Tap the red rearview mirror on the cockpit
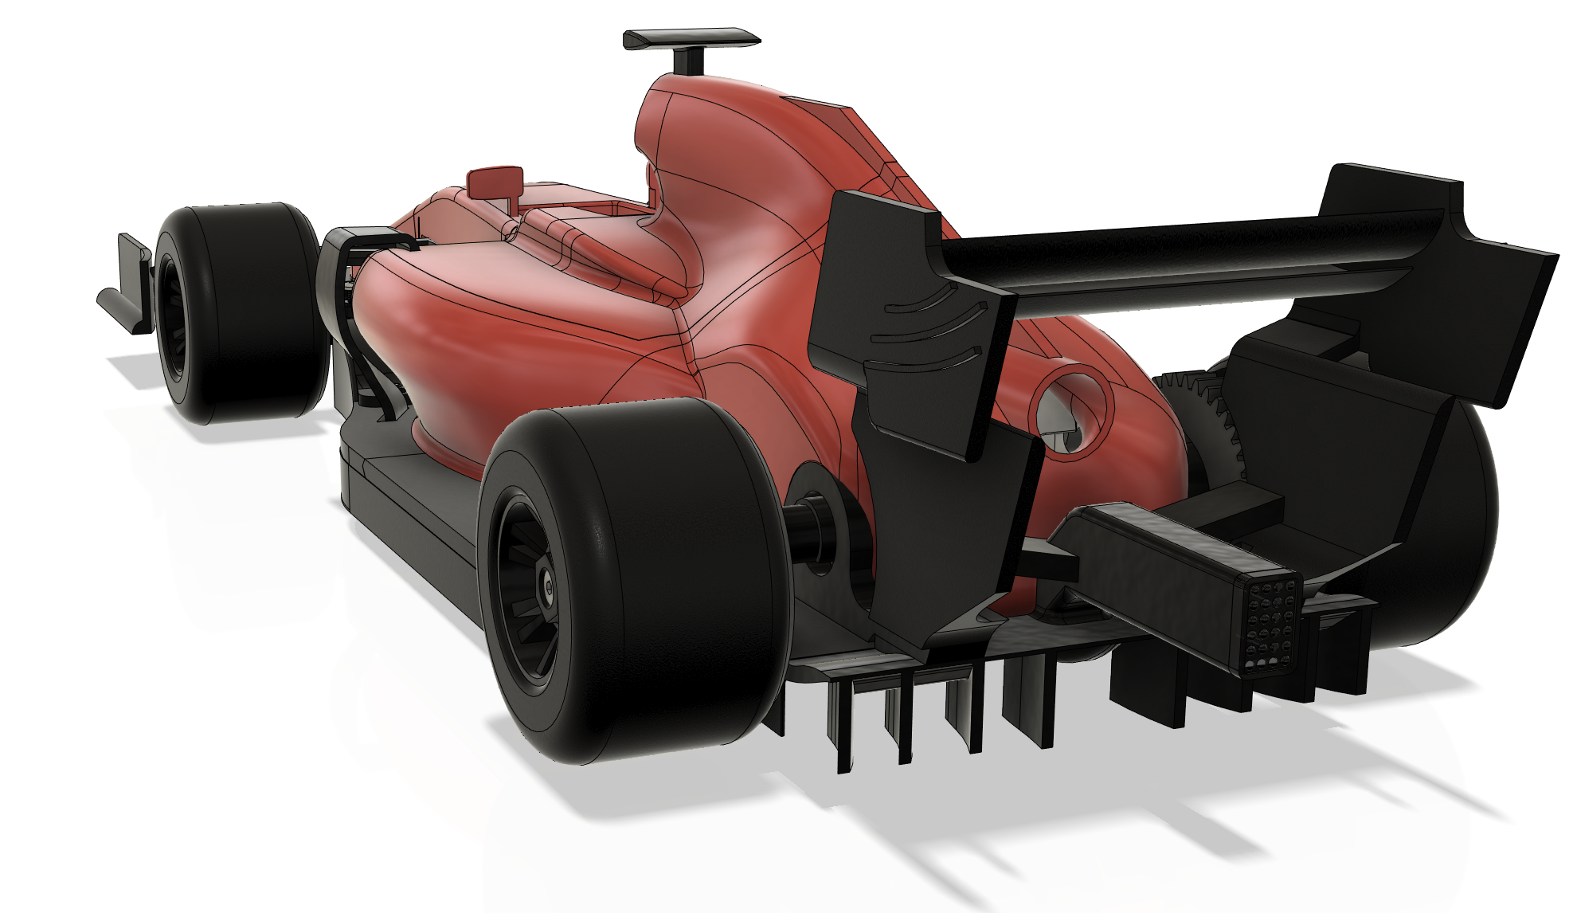click(494, 182)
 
